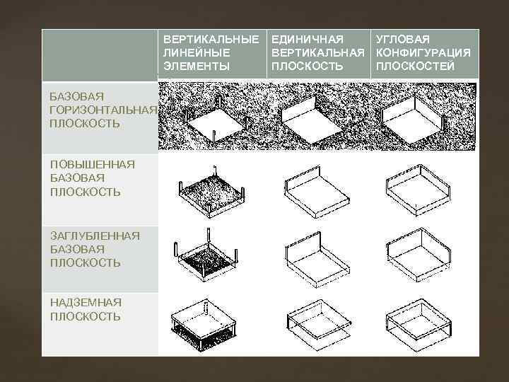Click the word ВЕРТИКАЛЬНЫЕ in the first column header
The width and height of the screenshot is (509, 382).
click(211, 40)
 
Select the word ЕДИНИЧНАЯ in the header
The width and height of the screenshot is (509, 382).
click(308, 40)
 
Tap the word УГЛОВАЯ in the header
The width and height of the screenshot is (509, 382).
click(403, 40)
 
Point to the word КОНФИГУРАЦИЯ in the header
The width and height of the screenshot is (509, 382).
click(423, 52)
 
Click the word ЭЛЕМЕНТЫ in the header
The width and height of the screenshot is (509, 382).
click(197, 66)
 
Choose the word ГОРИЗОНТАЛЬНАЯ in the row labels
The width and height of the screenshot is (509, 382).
click(103, 110)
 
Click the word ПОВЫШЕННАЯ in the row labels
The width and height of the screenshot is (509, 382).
click(93, 164)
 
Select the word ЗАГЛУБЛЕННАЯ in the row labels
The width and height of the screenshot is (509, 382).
click(95, 236)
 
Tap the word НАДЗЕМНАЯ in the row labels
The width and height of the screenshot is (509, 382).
click(86, 303)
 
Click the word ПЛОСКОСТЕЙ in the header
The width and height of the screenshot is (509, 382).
click(415, 66)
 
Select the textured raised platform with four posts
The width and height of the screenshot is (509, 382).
click(211, 192)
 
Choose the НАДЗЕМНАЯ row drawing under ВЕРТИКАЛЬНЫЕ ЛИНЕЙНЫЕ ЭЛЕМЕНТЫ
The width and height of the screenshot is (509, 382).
click(204, 325)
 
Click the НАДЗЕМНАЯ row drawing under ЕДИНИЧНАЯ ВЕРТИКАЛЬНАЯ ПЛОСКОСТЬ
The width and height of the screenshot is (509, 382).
click(320, 324)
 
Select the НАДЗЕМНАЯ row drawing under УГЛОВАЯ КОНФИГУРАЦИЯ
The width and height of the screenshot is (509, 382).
click(419, 324)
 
